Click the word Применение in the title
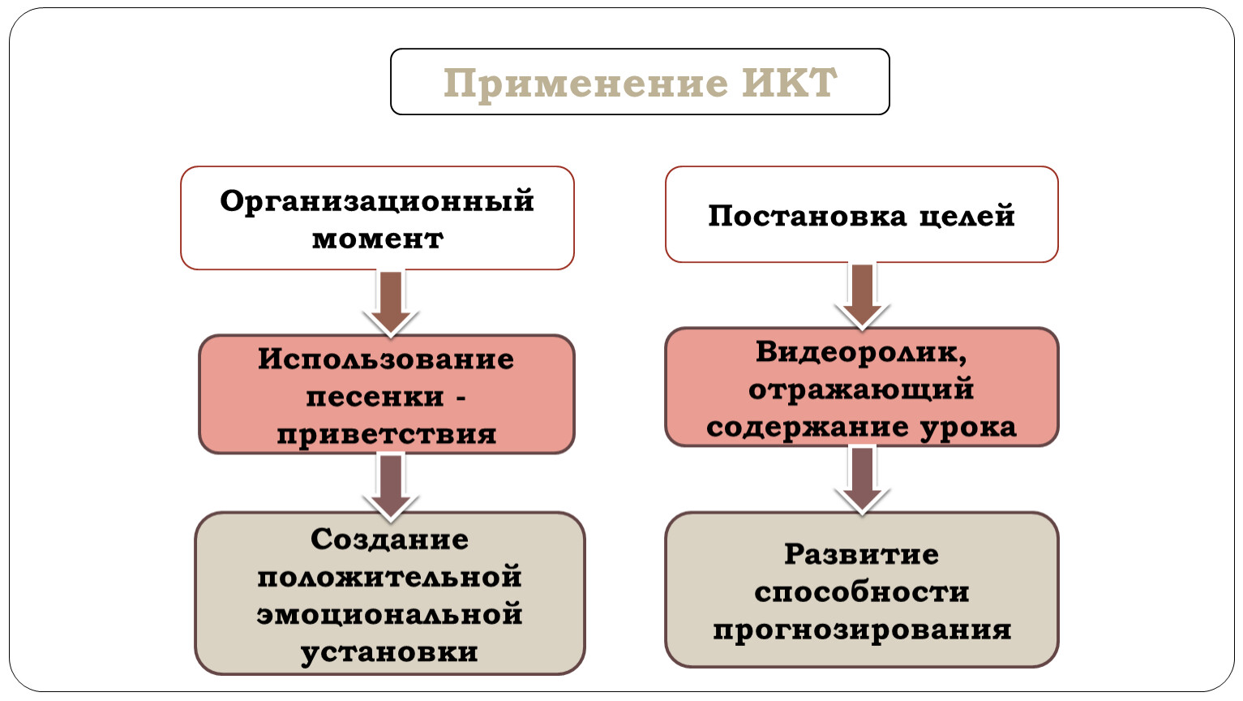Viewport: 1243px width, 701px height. pos(585,84)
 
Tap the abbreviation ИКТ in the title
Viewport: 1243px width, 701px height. pos(790,83)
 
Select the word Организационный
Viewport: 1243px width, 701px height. pos(377,202)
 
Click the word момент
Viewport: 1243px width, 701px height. pos(377,239)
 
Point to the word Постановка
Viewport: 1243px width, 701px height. pos(808,216)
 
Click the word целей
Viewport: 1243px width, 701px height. pos(967,217)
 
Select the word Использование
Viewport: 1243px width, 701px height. pos(386,359)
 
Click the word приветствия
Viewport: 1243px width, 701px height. pos(386,435)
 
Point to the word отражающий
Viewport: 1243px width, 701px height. pos(860,389)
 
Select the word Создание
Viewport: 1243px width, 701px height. pos(389,540)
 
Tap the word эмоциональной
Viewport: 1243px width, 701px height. pos(389,615)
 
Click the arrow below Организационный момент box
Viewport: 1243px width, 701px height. pos(391,303)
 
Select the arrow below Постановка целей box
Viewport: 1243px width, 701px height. pos(862,296)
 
